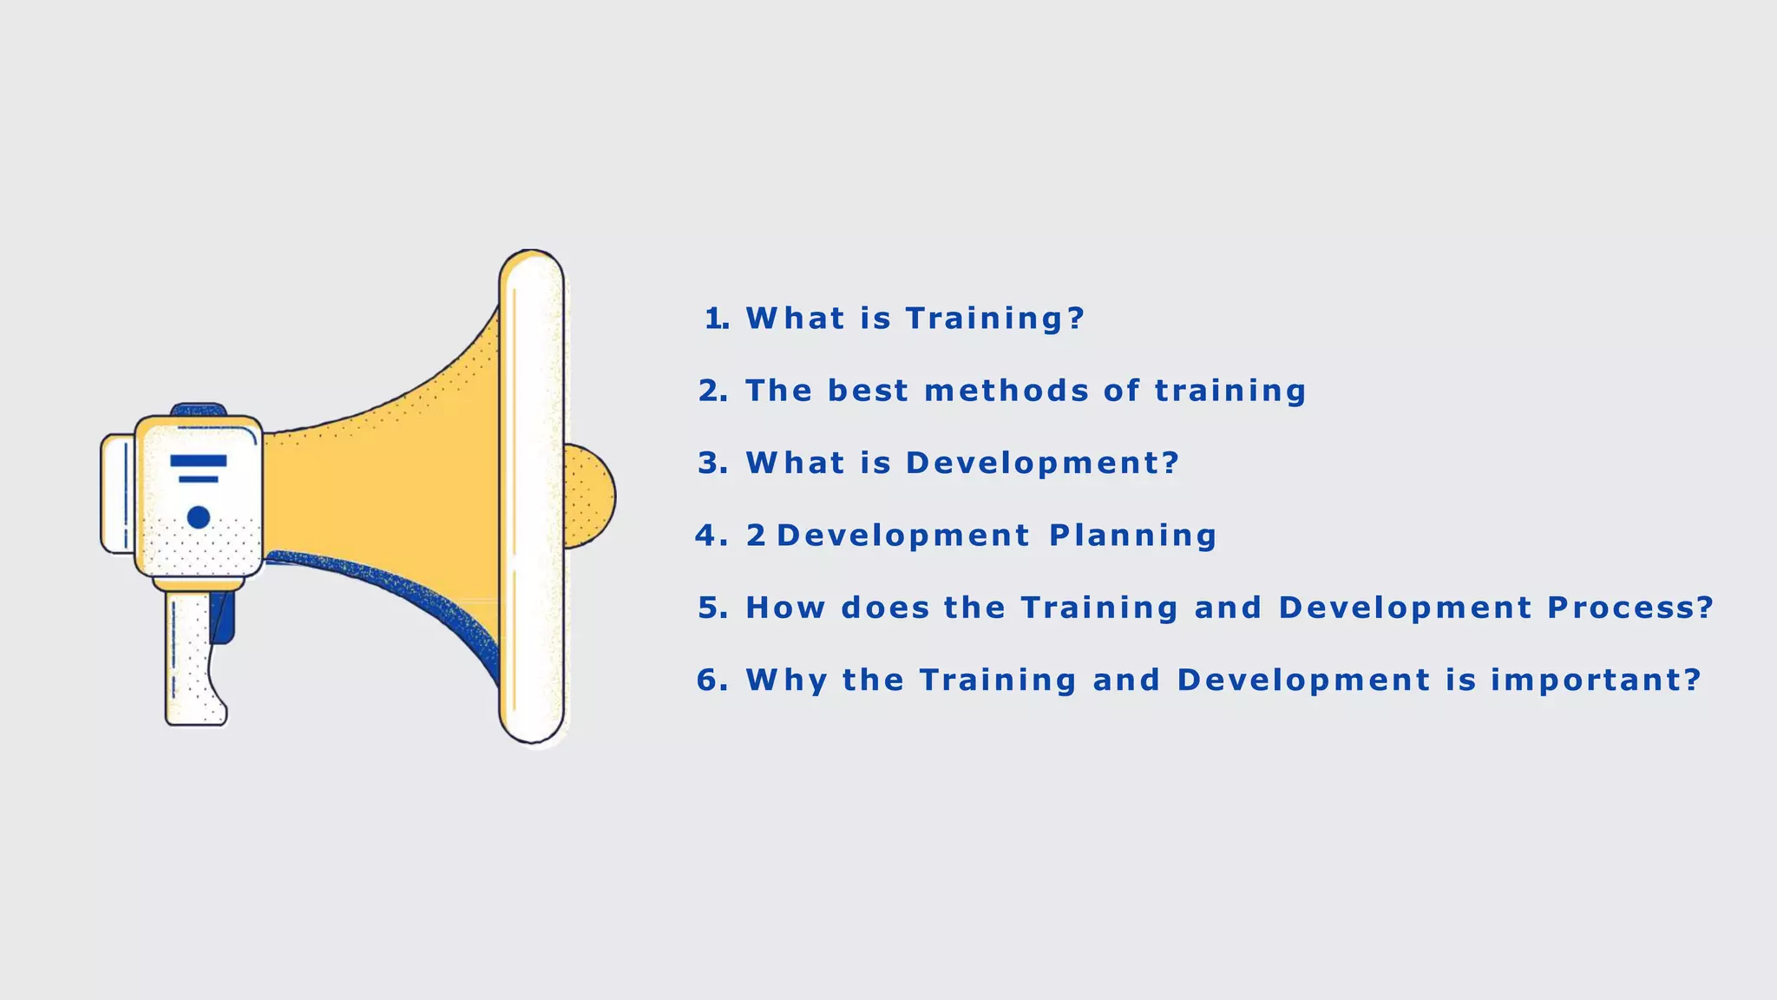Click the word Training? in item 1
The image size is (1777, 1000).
pos(994,319)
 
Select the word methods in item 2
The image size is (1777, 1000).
pos(1007,391)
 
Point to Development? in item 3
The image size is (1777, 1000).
pos(1042,464)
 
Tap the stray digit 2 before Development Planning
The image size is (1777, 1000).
pos(756,536)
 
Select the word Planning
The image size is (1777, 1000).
pos(1133,536)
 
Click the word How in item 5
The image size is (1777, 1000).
pos(785,608)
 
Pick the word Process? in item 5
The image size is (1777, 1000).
pos(1630,608)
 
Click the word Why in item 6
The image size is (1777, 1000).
pos(786,680)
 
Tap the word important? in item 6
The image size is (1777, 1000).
pos(1596,680)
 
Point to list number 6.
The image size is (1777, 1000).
pos(711,680)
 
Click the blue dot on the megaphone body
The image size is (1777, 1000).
pos(199,517)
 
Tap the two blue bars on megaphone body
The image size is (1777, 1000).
pos(199,467)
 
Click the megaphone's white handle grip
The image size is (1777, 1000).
pos(191,660)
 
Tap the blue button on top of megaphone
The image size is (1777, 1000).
pos(199,409)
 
